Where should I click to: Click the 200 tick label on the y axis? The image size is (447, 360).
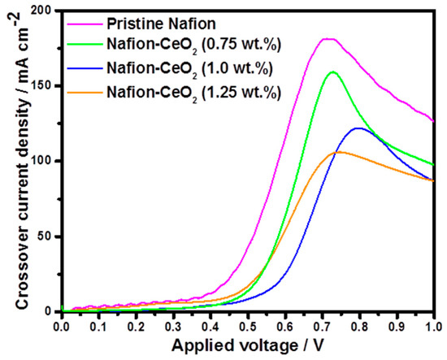pos(41,11)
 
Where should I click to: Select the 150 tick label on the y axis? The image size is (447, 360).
pos(41,86)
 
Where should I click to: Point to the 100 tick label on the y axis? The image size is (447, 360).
pos(41,161)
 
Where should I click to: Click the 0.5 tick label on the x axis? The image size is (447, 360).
pos(247,327)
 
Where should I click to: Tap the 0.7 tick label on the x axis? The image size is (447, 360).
pos(322,327)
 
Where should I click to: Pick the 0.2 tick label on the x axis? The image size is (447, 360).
pos(135,327)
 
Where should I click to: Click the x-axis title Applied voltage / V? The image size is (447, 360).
pos(248,346)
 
